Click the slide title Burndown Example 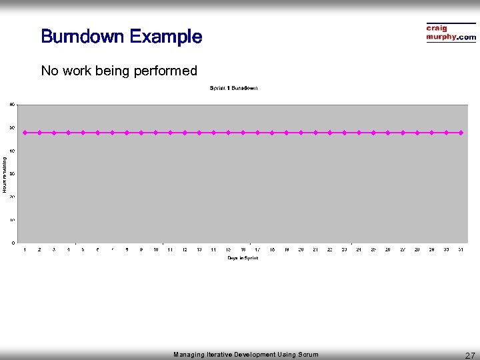121,36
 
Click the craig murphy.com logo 451,33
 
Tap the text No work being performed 119,71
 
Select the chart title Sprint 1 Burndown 233,88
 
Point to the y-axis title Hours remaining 5,175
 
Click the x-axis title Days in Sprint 242,257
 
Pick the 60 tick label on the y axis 12,104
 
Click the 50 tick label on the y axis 12,127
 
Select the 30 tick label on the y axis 12,173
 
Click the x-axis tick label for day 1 25,249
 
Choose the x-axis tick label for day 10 155,249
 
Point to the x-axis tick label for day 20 301,249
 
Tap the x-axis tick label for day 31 461,249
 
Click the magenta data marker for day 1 25,133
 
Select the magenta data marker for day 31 461,133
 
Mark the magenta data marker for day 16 243,133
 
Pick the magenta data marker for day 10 155,133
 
